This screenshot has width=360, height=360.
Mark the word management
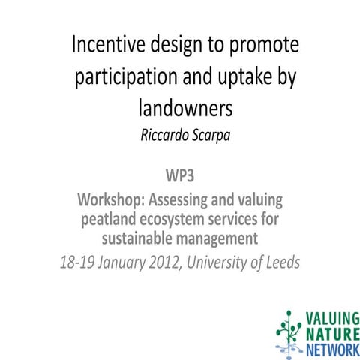coord(220,240)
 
